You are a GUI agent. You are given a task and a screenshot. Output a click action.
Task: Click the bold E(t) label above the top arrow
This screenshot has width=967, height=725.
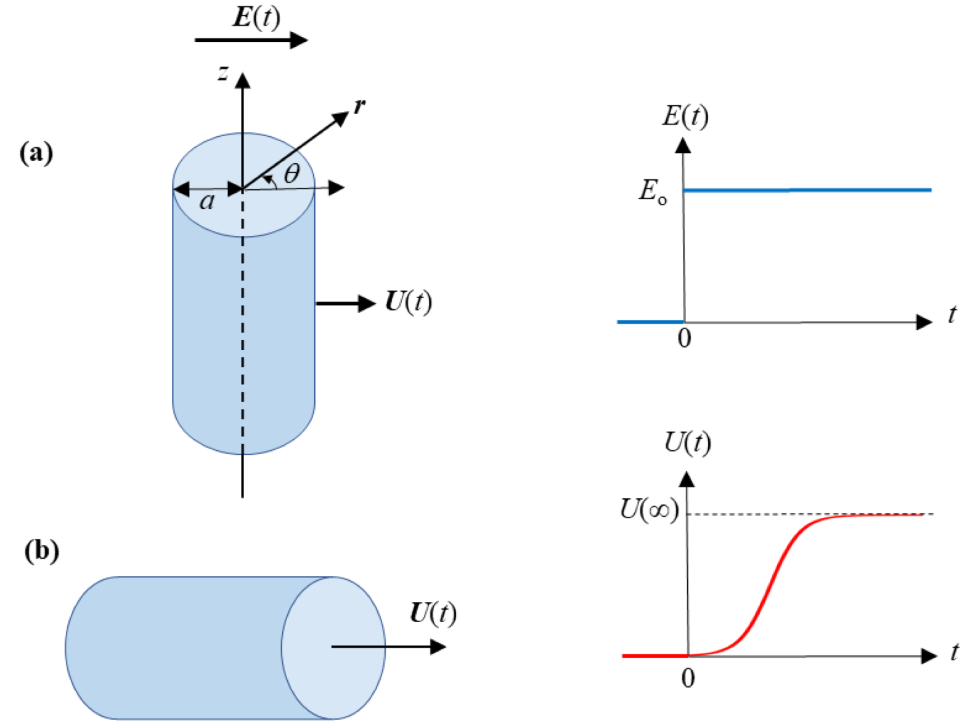(x=256, y=17)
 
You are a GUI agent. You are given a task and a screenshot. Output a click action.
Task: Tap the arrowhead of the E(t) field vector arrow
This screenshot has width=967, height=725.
(x=298, y=40)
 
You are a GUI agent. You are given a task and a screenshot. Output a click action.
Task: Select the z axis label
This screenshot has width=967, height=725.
(x=223, y=73)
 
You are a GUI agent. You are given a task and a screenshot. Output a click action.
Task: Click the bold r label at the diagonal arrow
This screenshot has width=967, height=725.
(x=359, y=106)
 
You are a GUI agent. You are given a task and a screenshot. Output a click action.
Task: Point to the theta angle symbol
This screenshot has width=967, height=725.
(x=292, y=174)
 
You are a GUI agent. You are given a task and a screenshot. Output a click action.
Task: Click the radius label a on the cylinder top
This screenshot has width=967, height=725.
(x=208, y=201)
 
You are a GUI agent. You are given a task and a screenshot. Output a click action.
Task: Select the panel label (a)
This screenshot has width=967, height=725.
(x=36, y=152)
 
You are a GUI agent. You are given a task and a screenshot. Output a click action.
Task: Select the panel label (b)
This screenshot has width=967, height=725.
(x=41, y=550)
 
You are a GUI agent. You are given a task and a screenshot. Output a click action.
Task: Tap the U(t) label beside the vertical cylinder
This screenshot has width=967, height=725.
(x=408, y=302)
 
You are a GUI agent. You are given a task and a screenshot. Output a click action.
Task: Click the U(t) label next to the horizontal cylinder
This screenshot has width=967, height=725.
(x=433, y=614)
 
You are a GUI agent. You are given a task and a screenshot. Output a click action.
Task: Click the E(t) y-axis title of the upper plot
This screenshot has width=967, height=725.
(x=685, y=116)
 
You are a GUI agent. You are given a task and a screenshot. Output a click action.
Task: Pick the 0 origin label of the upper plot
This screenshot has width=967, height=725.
(x=684, y=338)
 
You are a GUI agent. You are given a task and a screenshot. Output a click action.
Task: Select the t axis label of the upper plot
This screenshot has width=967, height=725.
(x=952, y=315)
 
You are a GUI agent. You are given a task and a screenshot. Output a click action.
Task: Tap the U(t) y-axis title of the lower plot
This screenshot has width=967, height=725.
(x=687, y=442)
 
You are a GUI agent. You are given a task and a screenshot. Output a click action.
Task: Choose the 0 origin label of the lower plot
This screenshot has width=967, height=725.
(x=688, y=678)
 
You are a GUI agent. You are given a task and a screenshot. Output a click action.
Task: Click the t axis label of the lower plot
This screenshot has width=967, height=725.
(x=954, y=651)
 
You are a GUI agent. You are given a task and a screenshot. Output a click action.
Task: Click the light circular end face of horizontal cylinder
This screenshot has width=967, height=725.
(x=333, y=647)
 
